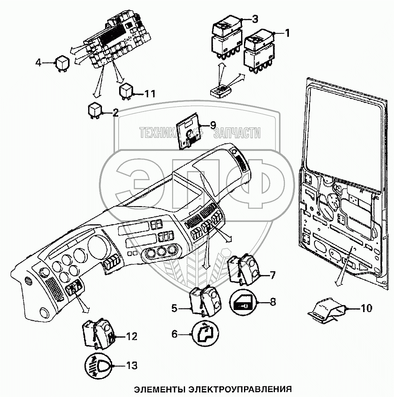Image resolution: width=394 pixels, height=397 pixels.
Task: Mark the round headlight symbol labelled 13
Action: (98, 365)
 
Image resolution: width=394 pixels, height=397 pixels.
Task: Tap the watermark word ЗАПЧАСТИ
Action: (237, 133)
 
